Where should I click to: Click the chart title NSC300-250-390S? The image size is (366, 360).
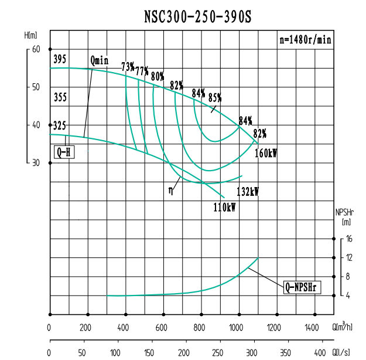click(x=197, y=16)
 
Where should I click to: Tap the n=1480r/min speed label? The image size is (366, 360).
click(x=305, y=40)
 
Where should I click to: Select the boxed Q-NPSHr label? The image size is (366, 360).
click(x=302, y=287)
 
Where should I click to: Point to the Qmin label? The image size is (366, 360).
click(x=100, y=60)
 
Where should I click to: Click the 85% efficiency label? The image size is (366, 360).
click(x=216, y=97)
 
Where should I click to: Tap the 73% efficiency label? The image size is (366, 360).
click(x=128, y=66)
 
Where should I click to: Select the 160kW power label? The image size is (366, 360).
click(x=265, y=152)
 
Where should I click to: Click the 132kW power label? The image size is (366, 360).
click(x=247, y=192)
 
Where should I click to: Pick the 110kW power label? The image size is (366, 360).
click(x=224, y=206)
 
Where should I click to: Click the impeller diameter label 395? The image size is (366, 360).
click(x=60, y=60)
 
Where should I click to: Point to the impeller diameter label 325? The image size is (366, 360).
click(x=60, y=125)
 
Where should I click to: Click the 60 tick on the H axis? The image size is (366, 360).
click(x=36, y=49)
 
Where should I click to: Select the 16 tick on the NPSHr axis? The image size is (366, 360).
click(x=348, y=239)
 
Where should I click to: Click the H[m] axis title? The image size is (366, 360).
click(x=32, y=36)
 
